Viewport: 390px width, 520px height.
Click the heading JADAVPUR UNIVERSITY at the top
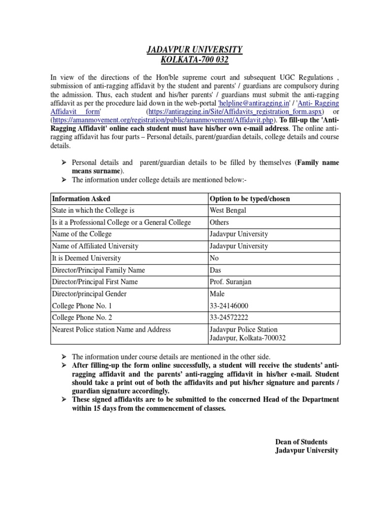194,49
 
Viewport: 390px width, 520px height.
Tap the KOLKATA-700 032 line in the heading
194,60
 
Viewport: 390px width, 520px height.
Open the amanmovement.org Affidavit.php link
164,120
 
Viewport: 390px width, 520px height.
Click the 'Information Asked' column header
81,199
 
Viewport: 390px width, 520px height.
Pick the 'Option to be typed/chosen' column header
249,199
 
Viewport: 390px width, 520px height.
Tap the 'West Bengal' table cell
227,210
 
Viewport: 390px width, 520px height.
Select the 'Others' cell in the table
219,222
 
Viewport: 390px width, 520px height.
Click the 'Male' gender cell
217,294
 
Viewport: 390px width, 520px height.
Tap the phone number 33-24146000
229,306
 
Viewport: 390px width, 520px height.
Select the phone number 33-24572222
229,317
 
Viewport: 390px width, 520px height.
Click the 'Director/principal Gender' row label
89,294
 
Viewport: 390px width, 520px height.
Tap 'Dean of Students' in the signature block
301,441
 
